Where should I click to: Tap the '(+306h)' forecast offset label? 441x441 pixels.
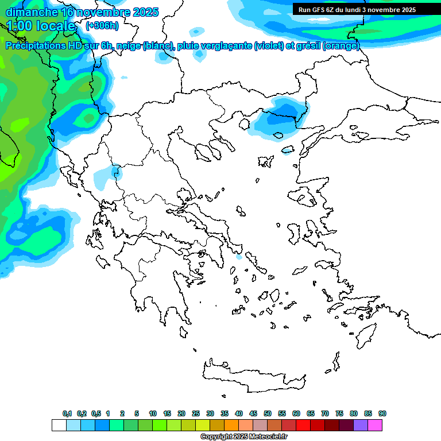102,25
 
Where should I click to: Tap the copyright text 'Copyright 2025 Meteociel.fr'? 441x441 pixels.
243,436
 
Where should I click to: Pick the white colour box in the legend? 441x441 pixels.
59,425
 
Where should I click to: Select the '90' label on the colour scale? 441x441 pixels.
382,413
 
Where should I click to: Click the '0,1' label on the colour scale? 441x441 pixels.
67,413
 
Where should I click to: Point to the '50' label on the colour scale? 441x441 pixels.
268,413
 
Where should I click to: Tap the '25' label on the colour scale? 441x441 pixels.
196,413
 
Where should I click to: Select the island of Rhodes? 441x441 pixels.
365,334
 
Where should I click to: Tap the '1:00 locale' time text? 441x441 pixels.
41,26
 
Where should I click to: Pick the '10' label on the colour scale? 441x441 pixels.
153,413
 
